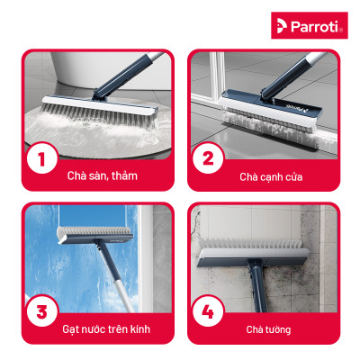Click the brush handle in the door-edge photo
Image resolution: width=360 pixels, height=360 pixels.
(x=297, y=72)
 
